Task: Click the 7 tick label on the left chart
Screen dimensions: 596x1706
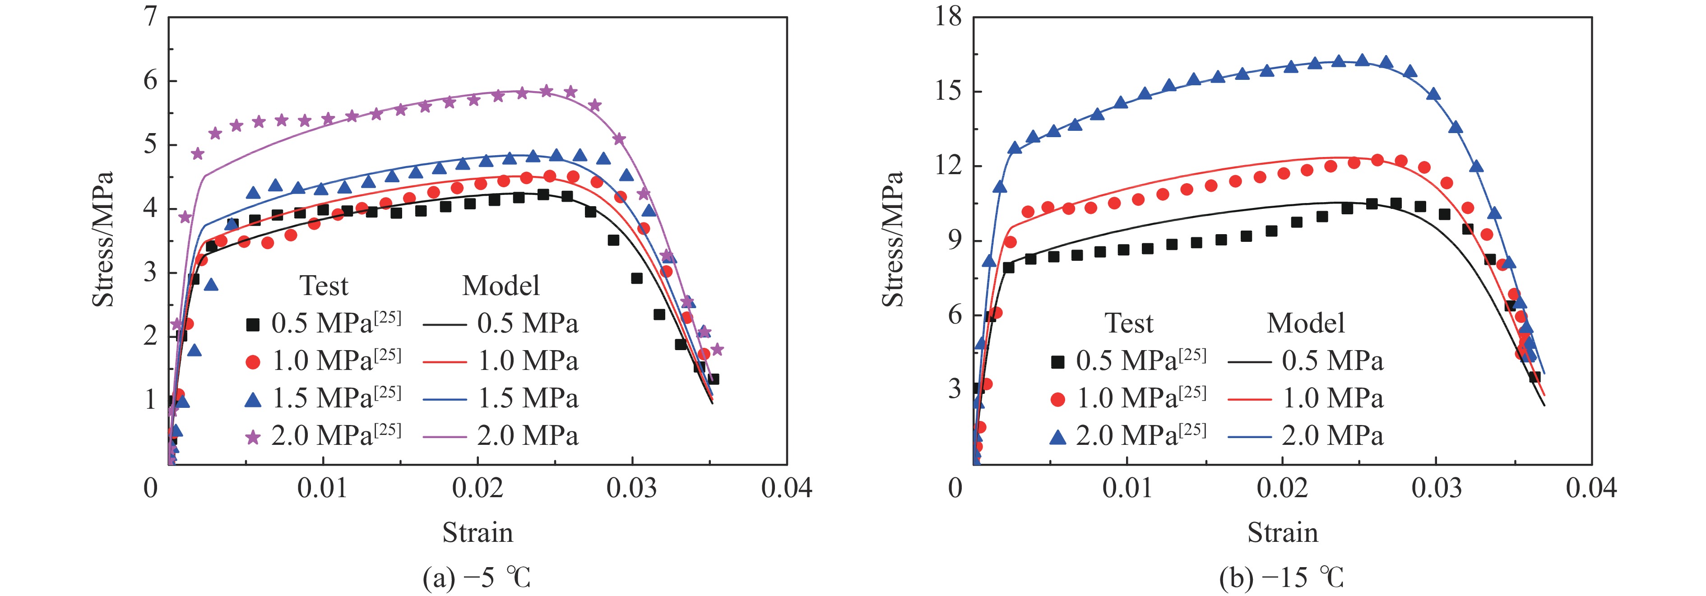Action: click(x=151, y=16)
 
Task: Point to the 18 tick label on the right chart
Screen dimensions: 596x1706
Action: click(x=948, y=16)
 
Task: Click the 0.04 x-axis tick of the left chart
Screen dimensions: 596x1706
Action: click(x=786, y=488)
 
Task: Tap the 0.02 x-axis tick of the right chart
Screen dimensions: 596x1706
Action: click(x=1282, y=488)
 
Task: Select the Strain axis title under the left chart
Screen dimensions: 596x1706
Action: click(x=477, y=532)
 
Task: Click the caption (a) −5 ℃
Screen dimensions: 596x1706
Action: click(x=477, y=578)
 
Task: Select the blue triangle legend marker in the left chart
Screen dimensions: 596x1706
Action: click(x=252, y=399)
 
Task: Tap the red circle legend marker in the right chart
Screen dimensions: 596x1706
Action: click(x=1057, y=399)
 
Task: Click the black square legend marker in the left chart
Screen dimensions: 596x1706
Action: click(x=252, y=324)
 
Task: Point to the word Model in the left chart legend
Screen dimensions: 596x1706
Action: click(x=501, y=286)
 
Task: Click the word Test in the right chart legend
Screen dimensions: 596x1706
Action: click(x=1129, y=323)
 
